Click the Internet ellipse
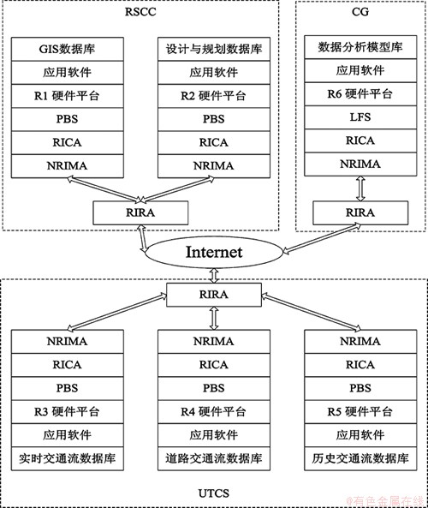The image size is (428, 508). [214, 252]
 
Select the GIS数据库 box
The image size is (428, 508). [68, 49]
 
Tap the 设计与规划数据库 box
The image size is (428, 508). [214, 49]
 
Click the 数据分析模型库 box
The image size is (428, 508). [360, 47]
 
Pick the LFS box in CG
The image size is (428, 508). [360, 117]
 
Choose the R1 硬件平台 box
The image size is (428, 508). [68, 96]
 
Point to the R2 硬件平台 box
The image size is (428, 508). [214, 96]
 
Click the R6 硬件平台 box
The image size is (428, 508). [360, 94]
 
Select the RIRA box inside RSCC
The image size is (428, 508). [140, 212]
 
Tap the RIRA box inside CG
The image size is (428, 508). [360, 212]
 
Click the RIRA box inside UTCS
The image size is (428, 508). [214, 295]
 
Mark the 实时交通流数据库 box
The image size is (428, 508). [68, 458]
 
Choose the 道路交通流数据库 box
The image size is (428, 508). [214, 458]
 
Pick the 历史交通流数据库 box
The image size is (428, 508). [360, 458]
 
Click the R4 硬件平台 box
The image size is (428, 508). [214, 411]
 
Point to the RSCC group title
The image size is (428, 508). [140, 12]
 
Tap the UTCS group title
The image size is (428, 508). [214, 493]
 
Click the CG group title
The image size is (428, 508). [360, 12]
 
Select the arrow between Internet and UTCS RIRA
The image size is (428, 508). [214, 275]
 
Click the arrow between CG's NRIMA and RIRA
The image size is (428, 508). [360, 188]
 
